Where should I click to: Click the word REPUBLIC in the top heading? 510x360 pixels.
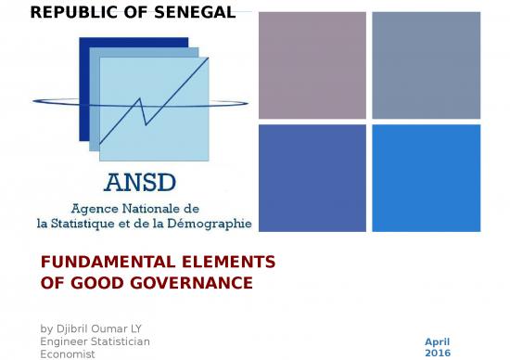[68, 12]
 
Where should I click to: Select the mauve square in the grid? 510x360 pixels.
[312, 65]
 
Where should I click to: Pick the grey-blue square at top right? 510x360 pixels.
[426, 65]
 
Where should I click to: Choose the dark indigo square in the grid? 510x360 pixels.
[312, 177]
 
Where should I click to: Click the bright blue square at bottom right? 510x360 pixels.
[426, 177]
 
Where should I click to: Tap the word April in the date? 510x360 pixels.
[437, 341]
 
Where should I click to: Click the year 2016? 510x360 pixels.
[437, 354]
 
